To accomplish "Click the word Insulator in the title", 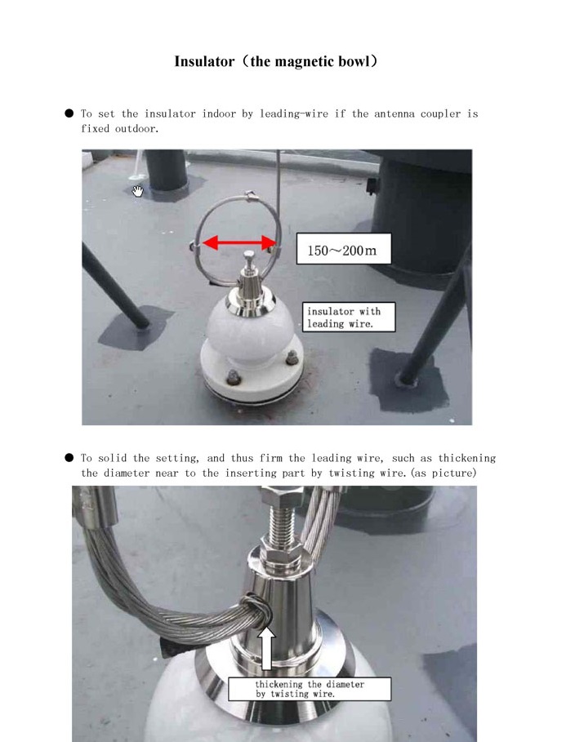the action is pyautogui.click(x=204, y=61).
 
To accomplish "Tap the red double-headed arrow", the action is pyautogui.click(x=239, y=243).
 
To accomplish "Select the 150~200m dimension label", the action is pyautogui.click(x=343, y=249).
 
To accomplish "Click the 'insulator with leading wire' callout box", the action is pyautogui.click(x=349, y=317).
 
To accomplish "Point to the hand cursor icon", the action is pyautogui.click(x=137, y=191).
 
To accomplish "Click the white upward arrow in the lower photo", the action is pyautogui.click(x=267, y=648).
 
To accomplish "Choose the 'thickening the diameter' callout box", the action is pyautogui.click(x=310, y=689).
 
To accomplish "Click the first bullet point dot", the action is pyautogui.click(x=69, y=113).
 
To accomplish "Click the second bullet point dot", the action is pyautogui.click(x=69, y=458).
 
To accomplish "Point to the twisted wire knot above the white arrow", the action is pyautogui.click(x=257, y=611).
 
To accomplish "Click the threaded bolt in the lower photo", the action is pyautogui.click(x=282, y=523).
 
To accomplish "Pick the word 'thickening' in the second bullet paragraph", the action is pyautogui.click(x=467, y=458).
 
